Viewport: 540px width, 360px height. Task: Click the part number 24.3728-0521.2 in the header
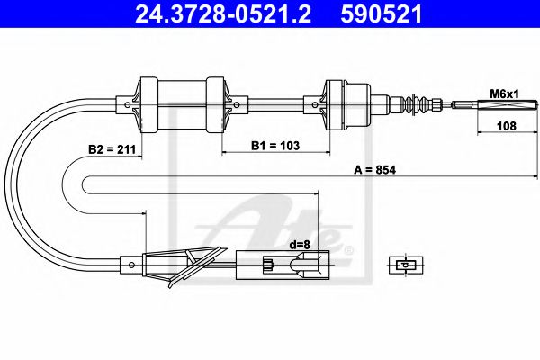(x=223, y=13)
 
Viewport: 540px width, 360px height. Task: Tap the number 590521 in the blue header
(x=382, y=13)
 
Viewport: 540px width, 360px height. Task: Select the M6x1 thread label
(x=504, y=94)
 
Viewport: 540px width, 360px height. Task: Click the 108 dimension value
(x=507, y=126)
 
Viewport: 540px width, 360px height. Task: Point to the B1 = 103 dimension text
(x=275, y=146)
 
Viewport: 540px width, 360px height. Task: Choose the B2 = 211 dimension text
(x=112, y=149)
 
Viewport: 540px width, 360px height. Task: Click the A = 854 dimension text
(x=375, y=170)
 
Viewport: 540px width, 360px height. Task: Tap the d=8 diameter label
(x=300, y=245)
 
